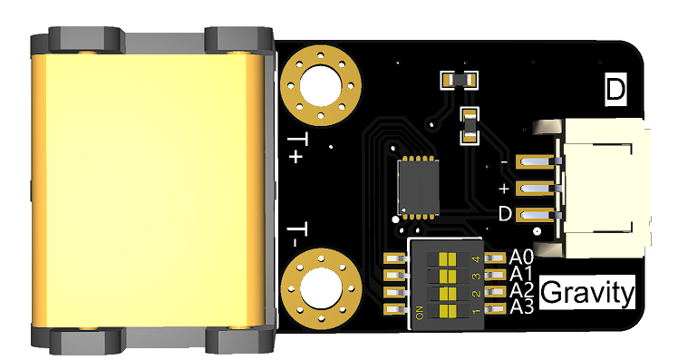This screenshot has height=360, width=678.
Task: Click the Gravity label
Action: click(587, 293)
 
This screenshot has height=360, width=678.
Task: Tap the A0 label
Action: click(521, 257)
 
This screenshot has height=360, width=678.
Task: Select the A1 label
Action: click(521, 274)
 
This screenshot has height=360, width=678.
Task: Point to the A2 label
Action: click(522, 290)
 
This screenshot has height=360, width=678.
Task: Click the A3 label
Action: click(522, 306)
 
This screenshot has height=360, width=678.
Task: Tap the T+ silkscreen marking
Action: click(297, 149)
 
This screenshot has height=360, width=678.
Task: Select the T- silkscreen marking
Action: click(297, 235)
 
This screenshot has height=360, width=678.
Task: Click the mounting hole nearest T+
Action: click(320, 85)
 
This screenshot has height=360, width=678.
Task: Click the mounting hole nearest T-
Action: click(320, 287)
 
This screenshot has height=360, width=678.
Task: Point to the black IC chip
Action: click(418, 186)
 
